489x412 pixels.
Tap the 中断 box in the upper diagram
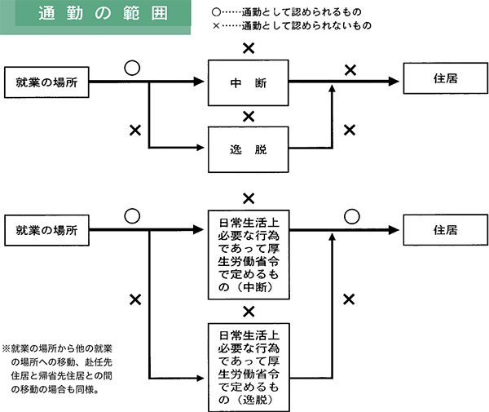[249, 82]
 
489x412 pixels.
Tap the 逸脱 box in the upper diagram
[249, 149]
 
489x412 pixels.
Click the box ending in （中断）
[249, 255]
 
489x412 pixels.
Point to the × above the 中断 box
[249, 48]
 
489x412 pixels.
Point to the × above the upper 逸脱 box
[249, 116]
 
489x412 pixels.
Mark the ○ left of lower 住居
[350, 216]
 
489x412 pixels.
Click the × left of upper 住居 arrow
[350, 70]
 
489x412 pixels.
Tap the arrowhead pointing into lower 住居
[397, 231]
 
